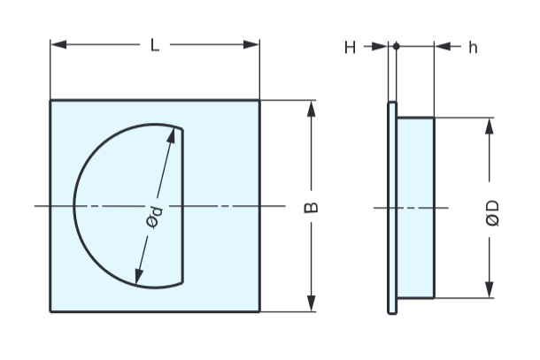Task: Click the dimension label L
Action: (155, 44)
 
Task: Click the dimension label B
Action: (311, 208)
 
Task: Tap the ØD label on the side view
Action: (492, 212)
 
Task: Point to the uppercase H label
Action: (350, 47)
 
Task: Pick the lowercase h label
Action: (473, 47)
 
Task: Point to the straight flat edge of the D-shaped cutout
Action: (183, 205)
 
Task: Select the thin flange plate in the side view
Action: (392, 208)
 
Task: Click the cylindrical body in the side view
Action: (415, 208)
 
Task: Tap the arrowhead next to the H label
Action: (382, 47)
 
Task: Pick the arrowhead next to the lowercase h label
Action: (441, 47)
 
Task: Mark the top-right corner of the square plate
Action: (259, 100)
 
